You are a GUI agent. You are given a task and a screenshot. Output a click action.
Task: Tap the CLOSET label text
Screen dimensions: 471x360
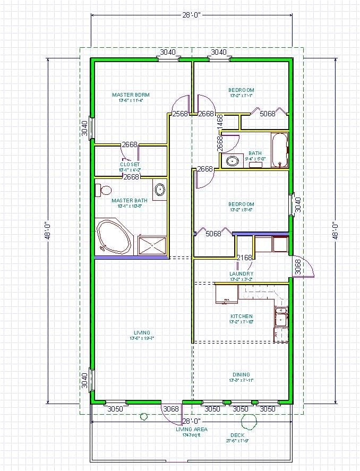tap(130, 165)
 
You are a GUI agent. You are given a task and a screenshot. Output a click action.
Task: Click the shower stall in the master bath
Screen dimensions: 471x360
tap(152, 245)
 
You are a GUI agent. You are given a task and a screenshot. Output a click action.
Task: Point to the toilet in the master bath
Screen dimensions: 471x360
tap(104, 190)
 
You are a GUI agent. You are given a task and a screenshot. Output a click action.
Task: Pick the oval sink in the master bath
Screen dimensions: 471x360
tap(159, 189)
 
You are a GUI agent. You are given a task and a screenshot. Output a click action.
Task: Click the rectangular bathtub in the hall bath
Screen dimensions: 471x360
tap(279, 150)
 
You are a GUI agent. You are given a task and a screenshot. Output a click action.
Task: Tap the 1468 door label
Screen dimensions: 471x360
tap(219, 122)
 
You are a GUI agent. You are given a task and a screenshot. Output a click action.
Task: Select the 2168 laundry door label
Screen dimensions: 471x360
tap(244, 258)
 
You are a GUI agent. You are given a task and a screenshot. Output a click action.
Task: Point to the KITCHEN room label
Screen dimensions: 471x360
tap(241, 316)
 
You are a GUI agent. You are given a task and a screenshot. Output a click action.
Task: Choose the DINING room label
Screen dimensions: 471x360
tap(241, 374)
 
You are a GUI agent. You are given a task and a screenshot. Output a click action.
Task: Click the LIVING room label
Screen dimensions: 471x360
tap(142, 333)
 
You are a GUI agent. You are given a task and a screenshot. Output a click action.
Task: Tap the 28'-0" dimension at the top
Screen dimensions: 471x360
tap(191, 16)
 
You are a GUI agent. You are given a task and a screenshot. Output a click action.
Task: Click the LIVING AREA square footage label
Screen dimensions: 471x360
tap(192, 430)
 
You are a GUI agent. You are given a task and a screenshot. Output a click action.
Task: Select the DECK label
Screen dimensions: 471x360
tap(237, 435)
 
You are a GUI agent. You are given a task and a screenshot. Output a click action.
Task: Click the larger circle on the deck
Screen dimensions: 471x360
tap(247, 422)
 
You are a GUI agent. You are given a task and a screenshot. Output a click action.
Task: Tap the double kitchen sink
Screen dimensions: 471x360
tap(281, 316)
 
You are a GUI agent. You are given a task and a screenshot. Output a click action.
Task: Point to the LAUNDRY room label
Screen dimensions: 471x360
tap(241, 274)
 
